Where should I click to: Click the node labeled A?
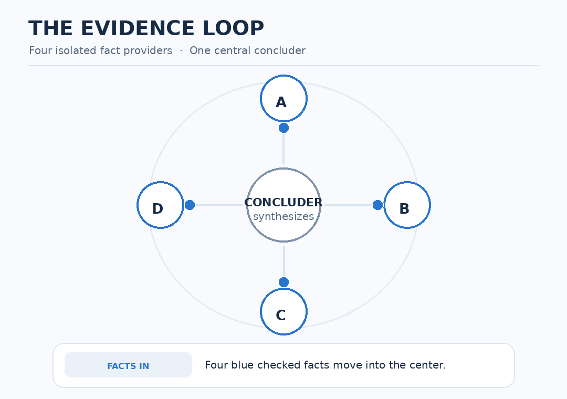pyautogui.click(x=283, y=98)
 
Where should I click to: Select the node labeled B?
pyautogui.click(x=407, y=205)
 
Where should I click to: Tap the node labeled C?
pyautogui.click(x=283, y=311)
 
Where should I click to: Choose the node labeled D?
pyautogui.click(x=160, y=205)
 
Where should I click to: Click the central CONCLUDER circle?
pyautogui.click(x=283, y=205)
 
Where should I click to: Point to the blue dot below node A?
pyautogui.click(x=283, y=128)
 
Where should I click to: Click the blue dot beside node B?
pyautogui.click(x=377, y=205)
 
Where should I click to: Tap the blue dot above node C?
pyautogui.click(x=283, y=282)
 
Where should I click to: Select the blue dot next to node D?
pyautogui.click(x=190, y=205)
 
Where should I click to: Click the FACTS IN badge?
pyautogui.click(x=128, y=365)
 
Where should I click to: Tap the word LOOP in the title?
pyautogui.click(x=233, y=28)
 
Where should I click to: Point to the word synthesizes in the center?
pyautogui.click(x=283, y=217)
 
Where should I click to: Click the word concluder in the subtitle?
pyautogui.click(x=283, y=50)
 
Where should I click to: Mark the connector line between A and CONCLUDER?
pyautogui.click(x=283, y=149)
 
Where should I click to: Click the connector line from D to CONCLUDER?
pyautogui.click(x=219, y=205)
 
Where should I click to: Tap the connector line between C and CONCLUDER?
pyautogui.click(x=284, y=261)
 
